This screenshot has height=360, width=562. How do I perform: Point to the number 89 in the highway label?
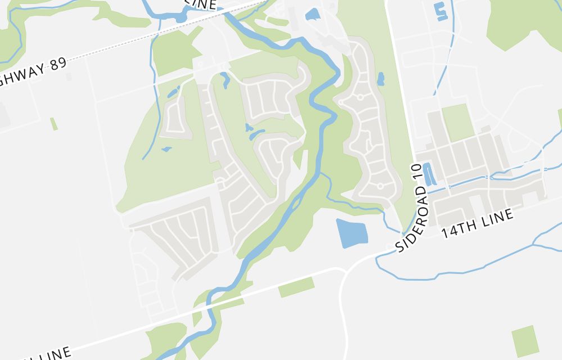coord(57,63)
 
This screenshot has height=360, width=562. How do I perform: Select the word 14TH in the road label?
coord(454,229)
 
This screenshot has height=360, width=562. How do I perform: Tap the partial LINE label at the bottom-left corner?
coord(53,354)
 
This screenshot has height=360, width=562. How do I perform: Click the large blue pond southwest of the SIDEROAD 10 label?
coord(351,232)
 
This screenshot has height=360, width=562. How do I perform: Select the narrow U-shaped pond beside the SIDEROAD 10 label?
coord(428,174)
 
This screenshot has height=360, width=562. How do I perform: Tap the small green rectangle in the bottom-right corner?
coord(525,341)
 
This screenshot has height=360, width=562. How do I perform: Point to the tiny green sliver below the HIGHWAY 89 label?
coord(54,124)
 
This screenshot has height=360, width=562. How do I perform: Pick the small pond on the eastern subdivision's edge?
coord(380,79)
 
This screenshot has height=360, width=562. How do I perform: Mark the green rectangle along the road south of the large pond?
coord(296,287)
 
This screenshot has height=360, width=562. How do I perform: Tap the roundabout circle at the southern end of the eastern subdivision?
coord(380,186)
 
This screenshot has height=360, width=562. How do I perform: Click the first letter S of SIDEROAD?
coord(400,247)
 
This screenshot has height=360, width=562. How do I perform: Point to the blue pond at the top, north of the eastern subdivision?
coord(312,15)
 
